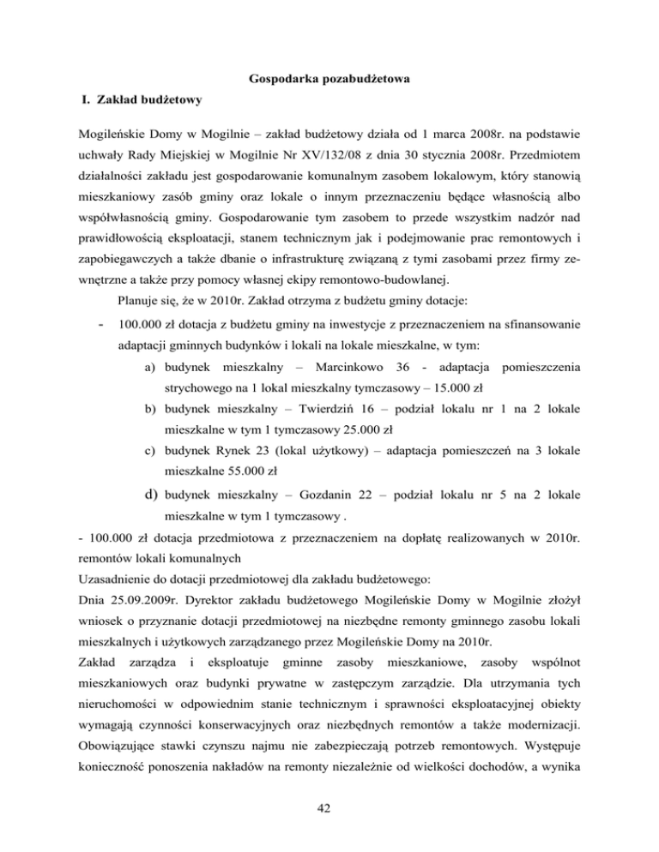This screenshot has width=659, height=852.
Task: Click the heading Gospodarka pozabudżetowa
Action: [x=329, y=81]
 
